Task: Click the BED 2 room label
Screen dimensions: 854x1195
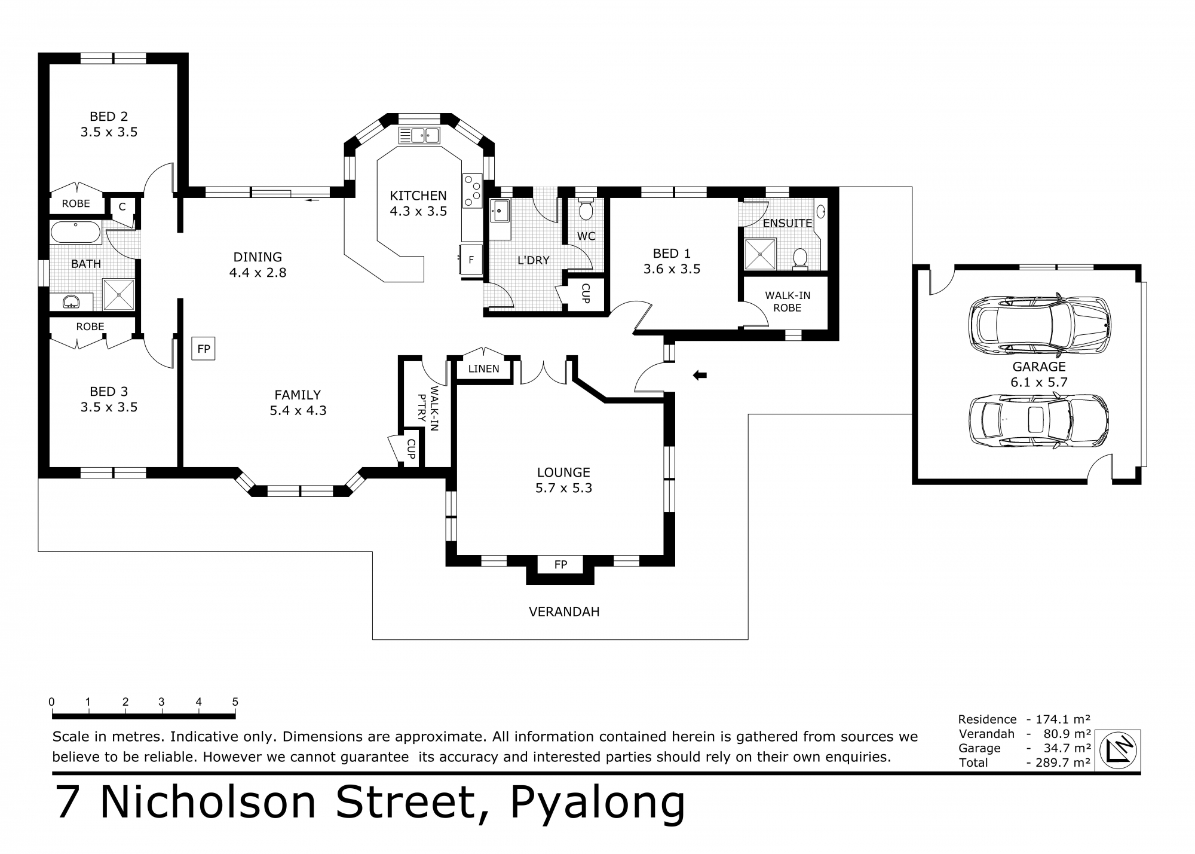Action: tap(109, 117)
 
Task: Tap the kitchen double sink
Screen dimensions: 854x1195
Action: tap(419, 136)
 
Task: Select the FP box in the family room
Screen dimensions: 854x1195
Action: tap(203, 349)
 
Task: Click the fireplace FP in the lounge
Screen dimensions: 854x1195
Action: tap(560, 565)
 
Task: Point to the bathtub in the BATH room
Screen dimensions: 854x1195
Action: tap(76, 232)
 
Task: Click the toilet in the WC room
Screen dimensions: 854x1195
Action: tap(585, 210)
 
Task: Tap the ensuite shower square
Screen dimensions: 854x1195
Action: tap(760, 254)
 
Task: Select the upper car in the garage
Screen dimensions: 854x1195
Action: tap(1039, 326)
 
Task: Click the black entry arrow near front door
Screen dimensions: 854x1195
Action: tap(700, 376)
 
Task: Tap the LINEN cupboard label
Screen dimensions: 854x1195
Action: tap(483, 369)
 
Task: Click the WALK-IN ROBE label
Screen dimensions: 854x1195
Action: tap(788, 301)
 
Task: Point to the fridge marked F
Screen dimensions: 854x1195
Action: tap(471, 260)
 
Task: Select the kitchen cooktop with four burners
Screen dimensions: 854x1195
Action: tap(472, 190)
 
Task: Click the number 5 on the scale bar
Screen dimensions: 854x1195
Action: tap(235, 702)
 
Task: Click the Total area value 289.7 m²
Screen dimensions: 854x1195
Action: tap(1058, 762)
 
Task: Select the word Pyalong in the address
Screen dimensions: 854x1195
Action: tap(597, 803)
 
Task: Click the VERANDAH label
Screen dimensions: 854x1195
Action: tap(564, 612)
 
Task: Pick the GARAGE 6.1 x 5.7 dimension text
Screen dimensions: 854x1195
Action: tap(1038, 382)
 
